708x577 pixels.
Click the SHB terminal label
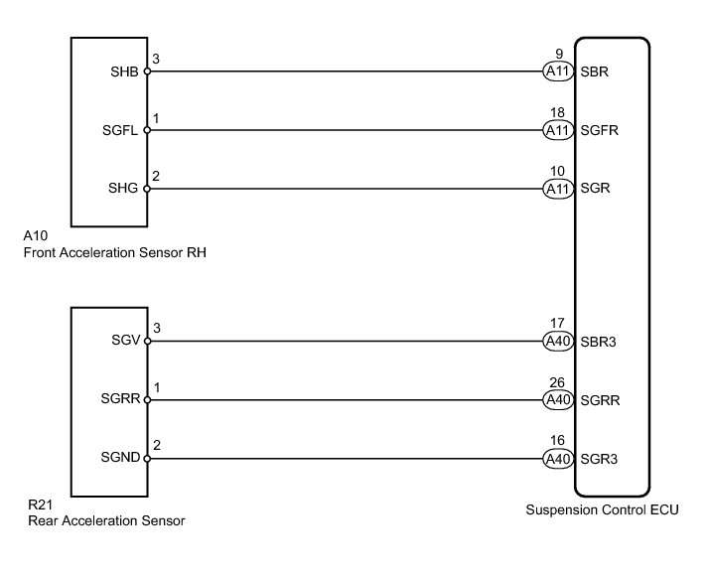pos(127,72)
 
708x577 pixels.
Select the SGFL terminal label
pos(123,130)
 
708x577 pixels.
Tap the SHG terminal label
pos(127,188)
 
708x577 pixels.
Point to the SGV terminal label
pos(127,341)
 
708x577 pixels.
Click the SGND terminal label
pos(122,459)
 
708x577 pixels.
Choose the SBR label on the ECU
pos(595,72)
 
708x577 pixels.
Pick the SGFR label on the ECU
pos(600,130)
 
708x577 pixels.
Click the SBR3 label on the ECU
pos(599,341)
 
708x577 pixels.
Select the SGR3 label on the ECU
pos(599,459)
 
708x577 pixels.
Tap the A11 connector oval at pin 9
pos(556,72)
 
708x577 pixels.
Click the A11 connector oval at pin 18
pos(556,130)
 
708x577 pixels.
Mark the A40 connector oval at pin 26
pos(556,400)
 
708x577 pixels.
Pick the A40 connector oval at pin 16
pos(556,459)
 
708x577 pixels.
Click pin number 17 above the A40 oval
pos(556,324)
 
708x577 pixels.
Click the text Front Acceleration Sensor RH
pos(113,252)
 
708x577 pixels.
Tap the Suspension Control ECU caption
pos(589,510)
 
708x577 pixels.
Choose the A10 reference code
pos(36,237)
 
